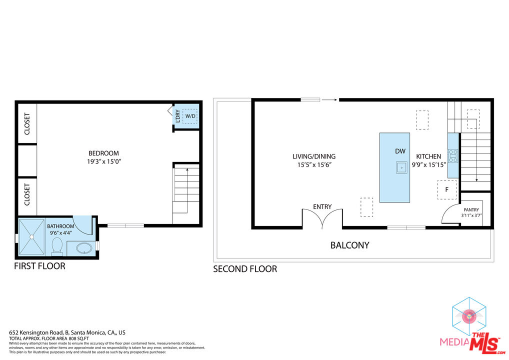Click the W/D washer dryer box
(x=190, y=116)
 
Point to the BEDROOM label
(x=104, y=153)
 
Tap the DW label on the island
(x=400, y=151)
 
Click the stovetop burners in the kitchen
(x=453, y=156)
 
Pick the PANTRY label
(x=471, y=210)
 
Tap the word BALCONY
(x=349, y=245)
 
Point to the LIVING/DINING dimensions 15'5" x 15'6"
(x=313, y=164)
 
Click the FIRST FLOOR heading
(x=39, y=266)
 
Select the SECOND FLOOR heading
(x=245, y=269)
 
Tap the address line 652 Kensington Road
(x=67, y=332)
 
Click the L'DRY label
(x=177, y=116)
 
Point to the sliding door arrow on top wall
(x=328, y=100)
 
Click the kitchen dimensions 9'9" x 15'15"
(x=428, y=164)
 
